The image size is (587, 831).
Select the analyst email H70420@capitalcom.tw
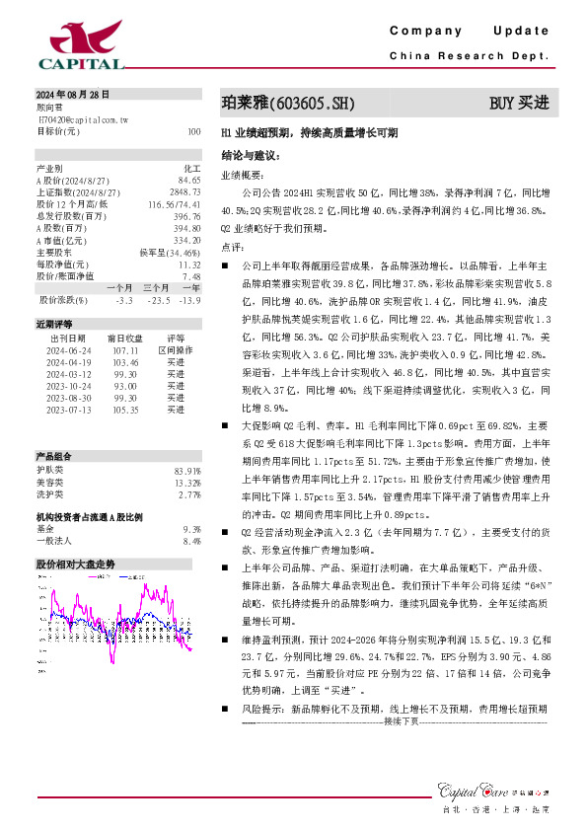[83, 118]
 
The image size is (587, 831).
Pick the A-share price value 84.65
[189, 181]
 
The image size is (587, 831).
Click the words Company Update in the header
[469, 32]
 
